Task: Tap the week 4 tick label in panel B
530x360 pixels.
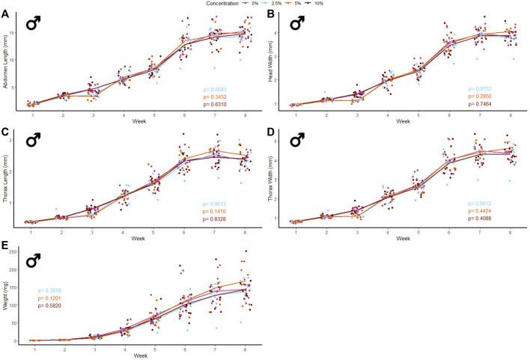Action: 388,113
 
